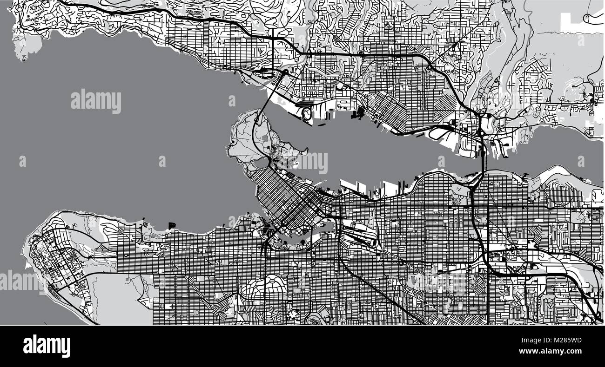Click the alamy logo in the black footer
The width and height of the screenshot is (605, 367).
[47, 346]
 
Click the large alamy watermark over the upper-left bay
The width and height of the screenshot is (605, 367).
[96, 101]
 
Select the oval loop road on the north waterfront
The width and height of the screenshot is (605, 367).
[307, 113]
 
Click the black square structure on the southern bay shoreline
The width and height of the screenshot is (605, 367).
[172, 225]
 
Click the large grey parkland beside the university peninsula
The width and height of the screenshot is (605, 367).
[116, 297]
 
